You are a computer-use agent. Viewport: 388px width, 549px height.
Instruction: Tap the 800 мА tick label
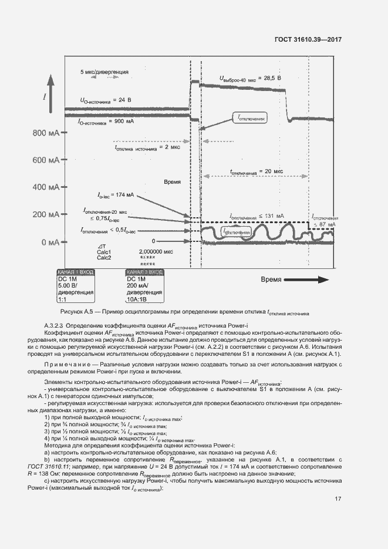coord(45,133)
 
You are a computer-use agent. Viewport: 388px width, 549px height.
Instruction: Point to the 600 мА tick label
coord(45,160)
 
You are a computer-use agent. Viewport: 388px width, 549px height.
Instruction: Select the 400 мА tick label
coord(45,187)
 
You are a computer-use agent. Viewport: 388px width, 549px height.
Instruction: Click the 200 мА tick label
coord(45,215)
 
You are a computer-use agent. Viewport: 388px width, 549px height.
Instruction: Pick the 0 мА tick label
coord(49,242)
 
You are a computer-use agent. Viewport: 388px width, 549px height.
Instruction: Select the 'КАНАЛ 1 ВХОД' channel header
coord(76,272)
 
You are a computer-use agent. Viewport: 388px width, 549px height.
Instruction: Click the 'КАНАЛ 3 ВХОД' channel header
coord(144,272)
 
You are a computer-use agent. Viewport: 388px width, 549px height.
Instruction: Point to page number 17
coord(338,499)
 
